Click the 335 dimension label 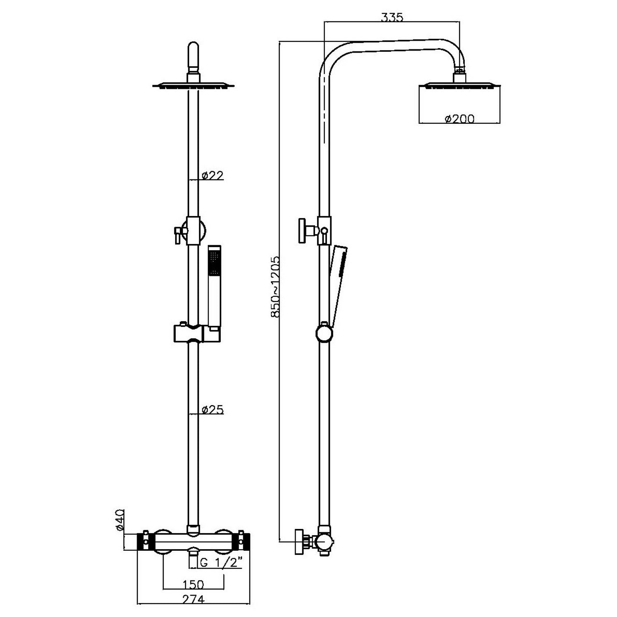coord(392,17)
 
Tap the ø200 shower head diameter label coord(459,119)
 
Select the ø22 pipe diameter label coord(212,176)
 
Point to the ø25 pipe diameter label coord(212,410)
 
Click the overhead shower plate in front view coord(193,86)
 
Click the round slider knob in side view coord(324,333)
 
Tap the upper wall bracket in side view coord(306,231)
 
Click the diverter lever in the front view coord(177,234)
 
